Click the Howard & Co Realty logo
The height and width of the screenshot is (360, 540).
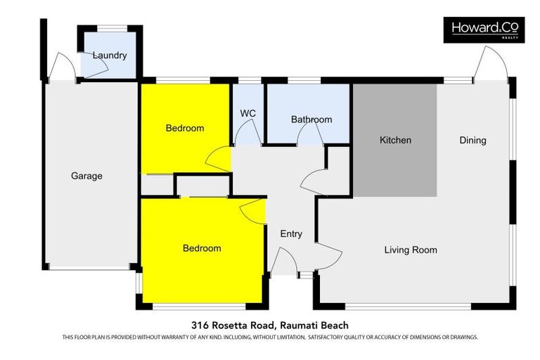click(x=484, y=30)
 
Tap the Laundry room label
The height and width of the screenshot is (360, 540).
click(x=110, y=55)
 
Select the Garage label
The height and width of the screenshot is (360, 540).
click(x=86, y=176)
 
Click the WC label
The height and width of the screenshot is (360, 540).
click(x=247, y=113)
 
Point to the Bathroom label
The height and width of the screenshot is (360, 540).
click(x=311, y=120)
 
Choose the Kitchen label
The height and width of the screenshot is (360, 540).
click(x=395, y=140)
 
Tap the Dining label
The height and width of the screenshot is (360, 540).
click(x=472, y=140)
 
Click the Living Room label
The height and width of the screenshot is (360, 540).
click(x=411, y=250)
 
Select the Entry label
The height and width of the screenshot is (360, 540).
click(x=291, y=233)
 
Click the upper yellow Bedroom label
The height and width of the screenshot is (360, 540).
click(x=185, y=128)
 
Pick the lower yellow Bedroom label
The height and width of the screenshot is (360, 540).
click(x=202, y=248)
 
